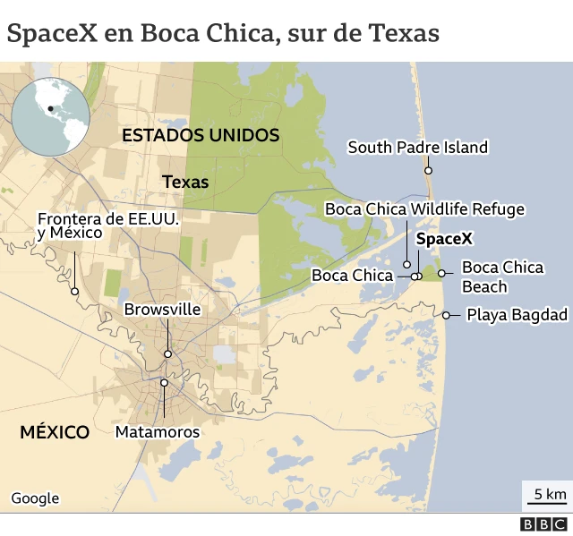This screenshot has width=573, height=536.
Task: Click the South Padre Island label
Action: coord(417,148)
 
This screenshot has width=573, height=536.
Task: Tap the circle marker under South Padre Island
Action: coord(429,170)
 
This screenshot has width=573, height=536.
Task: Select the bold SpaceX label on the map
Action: coord(444,239)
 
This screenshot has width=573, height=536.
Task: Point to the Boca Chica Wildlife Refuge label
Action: coord(424,209)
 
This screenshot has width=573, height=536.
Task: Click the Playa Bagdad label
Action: coord(517,315)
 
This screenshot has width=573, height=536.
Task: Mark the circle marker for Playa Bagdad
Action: coord(447,314)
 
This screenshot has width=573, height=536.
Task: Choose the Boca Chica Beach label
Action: coord(501,277)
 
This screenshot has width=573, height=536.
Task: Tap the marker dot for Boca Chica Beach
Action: coord(441,273)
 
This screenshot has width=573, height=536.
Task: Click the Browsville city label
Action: coord(162,310)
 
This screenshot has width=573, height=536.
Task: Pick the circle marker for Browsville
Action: coord(167,353)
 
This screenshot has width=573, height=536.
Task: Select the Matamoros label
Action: coord(158,432)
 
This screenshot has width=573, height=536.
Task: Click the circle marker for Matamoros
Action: coord(164,383)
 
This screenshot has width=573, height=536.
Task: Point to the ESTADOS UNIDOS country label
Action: coord(201,135)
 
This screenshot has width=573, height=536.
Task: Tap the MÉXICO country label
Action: coord(55,432)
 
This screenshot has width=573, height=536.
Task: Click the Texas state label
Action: coord(185,182)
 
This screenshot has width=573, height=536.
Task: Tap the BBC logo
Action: coord(544,524)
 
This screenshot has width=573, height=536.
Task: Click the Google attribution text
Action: coord(35,498)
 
